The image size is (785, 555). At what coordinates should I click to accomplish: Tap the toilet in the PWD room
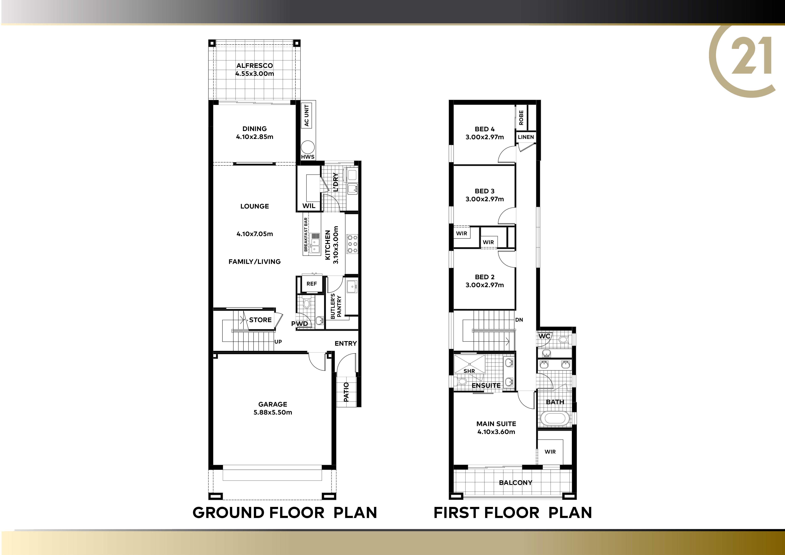pos(306,303)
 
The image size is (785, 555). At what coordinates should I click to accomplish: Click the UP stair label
pos(278,342)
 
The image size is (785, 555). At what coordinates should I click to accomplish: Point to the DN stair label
pos(519,320)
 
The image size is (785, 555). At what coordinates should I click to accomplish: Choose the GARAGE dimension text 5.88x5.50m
pos(273,412)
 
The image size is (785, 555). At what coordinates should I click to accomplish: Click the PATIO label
pos(346,392)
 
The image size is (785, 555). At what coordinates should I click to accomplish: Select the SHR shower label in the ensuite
pos(469,371)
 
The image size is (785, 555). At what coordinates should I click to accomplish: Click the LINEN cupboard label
pos(526,137)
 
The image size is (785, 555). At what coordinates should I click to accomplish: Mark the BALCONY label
pos(516,483)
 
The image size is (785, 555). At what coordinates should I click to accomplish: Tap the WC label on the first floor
pos(544,336)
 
